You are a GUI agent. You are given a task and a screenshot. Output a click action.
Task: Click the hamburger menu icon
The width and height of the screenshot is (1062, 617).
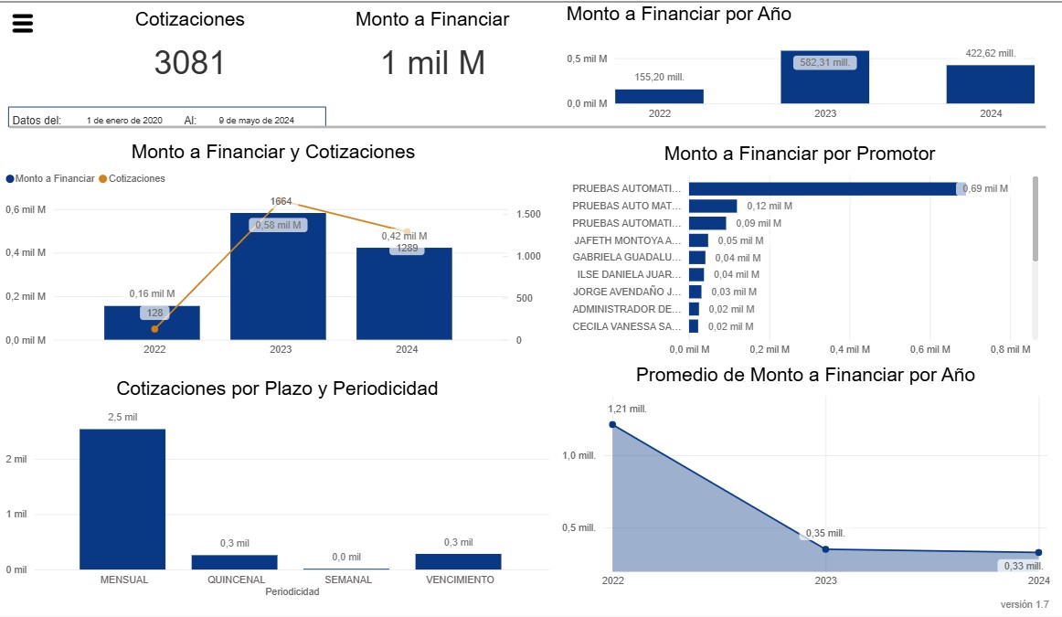pos(23,24)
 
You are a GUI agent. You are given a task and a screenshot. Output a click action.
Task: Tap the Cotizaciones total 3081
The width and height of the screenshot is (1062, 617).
pos(189,63)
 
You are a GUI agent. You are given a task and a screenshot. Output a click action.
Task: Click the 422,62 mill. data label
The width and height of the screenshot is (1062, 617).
pos(991,53)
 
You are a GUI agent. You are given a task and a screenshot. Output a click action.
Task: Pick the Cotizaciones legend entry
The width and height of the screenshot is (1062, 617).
pos(132,178)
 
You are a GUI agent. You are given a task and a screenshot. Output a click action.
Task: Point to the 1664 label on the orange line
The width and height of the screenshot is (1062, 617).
pos(281,201)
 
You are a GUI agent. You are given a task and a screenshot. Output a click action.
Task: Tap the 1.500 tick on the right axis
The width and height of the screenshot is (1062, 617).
pos(529,214)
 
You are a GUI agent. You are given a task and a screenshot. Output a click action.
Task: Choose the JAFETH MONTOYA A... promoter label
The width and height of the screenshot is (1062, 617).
pos(627,240)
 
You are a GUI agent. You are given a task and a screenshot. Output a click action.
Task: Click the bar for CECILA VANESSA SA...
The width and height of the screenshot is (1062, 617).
pos(694,326)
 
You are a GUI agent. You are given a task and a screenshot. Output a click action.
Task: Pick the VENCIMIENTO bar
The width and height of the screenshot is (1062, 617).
pos(458,561)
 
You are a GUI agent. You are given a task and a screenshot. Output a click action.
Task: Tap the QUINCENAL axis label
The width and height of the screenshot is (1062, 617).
pos(236,580)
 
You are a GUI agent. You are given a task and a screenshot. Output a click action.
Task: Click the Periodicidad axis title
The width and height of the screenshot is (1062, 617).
pos(292,591)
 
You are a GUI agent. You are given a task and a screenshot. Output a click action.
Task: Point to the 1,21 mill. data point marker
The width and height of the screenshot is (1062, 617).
pos(612,424)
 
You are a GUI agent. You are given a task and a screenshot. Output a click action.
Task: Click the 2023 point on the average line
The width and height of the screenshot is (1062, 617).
pos(825,548)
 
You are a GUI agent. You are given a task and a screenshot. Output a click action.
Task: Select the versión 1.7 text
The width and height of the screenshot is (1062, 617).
pos(1025,604)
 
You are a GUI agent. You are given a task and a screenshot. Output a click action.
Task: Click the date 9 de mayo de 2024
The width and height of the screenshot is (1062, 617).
pos(256,120)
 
